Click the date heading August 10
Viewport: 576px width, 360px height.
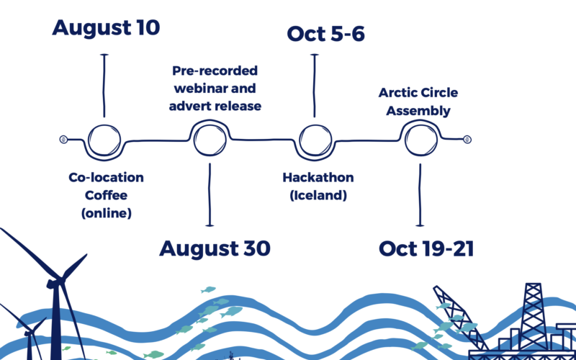pyautogui.click(x=106, y=28)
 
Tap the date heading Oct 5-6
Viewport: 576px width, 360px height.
pyautogui.click(x=325, y=34)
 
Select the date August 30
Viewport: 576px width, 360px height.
pyautogui.click(x=215, y=248)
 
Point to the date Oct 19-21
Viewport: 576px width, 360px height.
pyautogui.click(x=426, y=248)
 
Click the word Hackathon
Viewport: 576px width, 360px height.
pyautogui.click(x=318, y=178)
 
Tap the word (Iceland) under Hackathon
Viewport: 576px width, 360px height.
pyautogui.click(x=318, y=195)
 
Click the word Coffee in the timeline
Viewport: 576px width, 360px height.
pyautogui.click(x=106, y=195)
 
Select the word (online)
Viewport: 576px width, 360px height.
pyautogui.click(x=106, y=213)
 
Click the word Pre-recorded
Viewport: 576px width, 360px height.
pyautogui.click(x=215, y=71)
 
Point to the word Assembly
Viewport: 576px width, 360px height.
pyautogui.click(x=418, y=111)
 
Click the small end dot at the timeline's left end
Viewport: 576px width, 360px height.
pyautogui.click(x=63, y=140)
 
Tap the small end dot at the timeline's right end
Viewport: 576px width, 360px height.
pyautogui.click(x=467, y=140)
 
